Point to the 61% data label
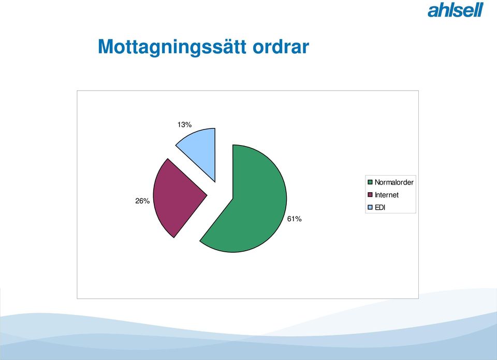(294, 219)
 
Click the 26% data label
(142, 201)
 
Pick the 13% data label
(184, 125)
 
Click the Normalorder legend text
(394, 182)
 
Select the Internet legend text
(386, 195)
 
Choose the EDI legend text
(379, 207)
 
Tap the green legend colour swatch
(370, 182)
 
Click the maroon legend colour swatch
(370, 195)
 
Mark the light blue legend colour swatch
(370, 207)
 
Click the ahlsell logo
(456, 10)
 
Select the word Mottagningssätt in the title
(172, 48)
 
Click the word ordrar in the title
(281, 47)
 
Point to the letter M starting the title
(106, 46)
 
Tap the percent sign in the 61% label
(298, 219)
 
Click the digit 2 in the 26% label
(138, 201)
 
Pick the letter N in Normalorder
(377, 182)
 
